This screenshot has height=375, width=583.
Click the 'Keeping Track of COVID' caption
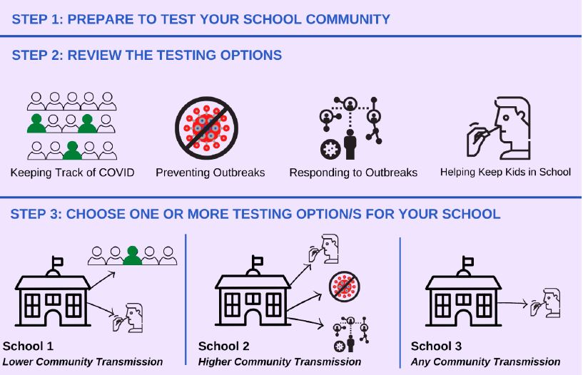coord(72,173)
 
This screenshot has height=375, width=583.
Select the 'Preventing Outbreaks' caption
coord(210,173)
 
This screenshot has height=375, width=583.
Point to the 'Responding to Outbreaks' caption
coord(353,173)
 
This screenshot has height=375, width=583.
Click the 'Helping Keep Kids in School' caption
coord(505,172)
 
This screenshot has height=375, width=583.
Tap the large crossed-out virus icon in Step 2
coord(207,129)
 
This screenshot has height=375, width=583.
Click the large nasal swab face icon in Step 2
coord(500,128)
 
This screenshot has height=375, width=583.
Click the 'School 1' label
coord(28,346)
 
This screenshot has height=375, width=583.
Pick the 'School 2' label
coord(223,346)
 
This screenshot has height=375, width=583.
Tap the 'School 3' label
coord(436,346)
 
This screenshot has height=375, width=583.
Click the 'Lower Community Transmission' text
coord(83,362)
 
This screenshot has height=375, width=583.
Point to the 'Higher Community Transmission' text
coord(280,362)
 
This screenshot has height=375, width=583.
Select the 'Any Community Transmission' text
coord(485,362)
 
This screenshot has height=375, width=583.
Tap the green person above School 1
coord(132,255)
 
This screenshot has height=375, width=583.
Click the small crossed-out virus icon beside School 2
coord(344,287)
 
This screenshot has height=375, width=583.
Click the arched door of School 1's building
coord(53,314)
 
